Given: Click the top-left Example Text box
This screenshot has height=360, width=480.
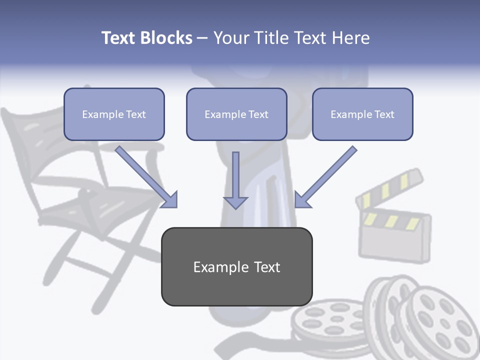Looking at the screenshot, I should [114, 114].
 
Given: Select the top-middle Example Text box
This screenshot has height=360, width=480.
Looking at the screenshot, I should [236, 114].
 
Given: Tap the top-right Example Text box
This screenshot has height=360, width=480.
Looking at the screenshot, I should [362, 114].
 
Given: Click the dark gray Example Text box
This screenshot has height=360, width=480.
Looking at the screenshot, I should [236, 266].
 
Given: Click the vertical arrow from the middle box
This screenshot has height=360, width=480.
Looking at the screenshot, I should [235, 180].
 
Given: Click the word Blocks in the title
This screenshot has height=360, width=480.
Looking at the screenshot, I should [167, 38].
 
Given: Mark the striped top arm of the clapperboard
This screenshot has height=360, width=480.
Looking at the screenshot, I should [390, 187].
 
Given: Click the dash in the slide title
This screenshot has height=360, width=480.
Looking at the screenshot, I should [202, 38].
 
